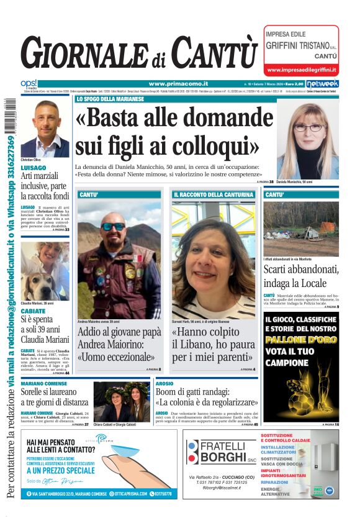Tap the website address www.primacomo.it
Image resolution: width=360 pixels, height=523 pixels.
(178, 84)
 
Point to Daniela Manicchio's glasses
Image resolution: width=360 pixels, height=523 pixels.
(308, 127)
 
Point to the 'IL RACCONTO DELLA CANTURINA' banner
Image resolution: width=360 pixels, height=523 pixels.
(212, 194)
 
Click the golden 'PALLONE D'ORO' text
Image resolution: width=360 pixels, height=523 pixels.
(300, 339)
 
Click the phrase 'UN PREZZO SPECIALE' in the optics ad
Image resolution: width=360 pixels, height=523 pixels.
(60, 471)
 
